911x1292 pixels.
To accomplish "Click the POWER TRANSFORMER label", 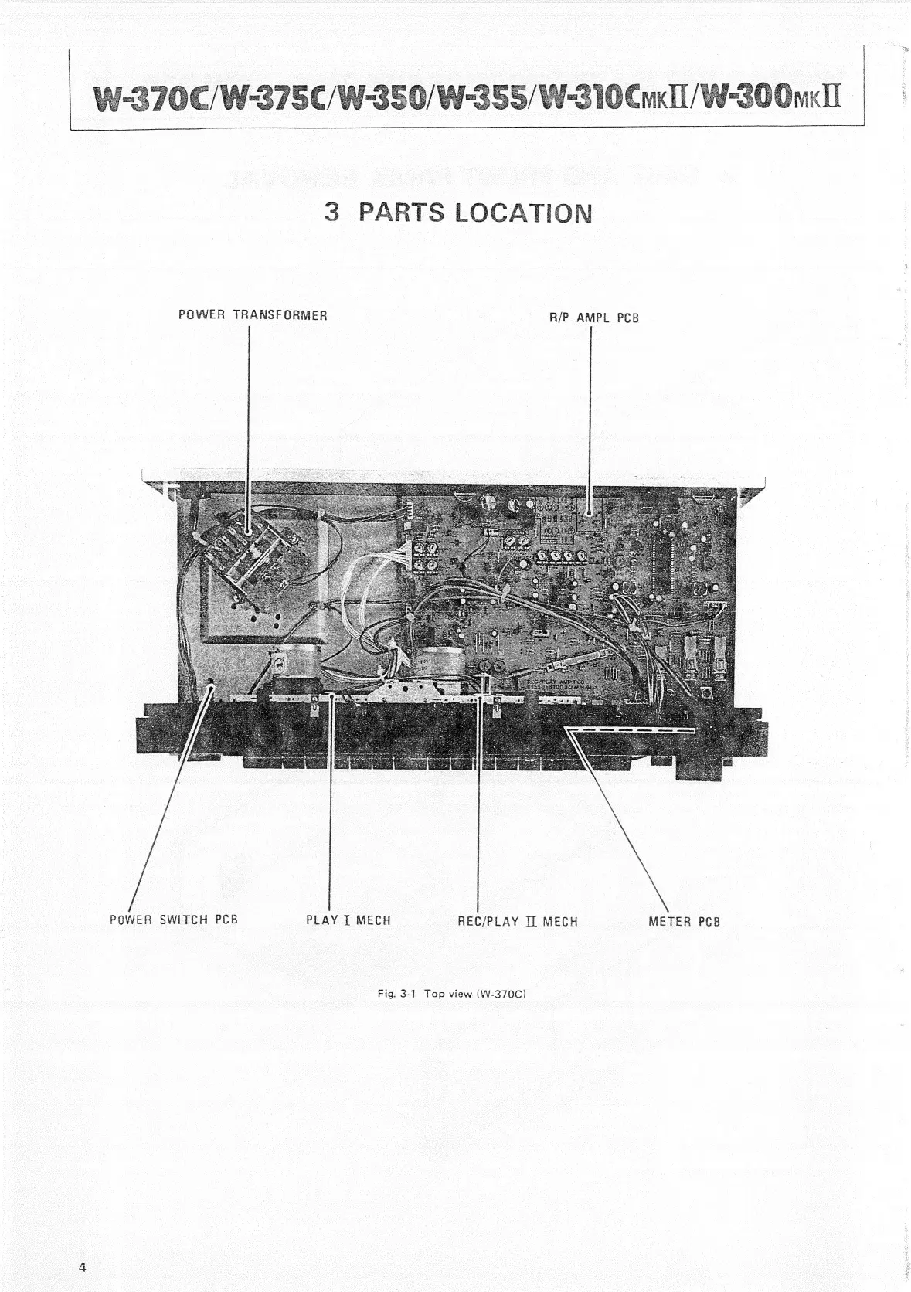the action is [253, 315].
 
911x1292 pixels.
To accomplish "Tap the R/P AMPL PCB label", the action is [593, 318].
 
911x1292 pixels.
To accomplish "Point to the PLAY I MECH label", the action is [348, 920].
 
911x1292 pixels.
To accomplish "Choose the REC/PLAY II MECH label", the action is [517, 921].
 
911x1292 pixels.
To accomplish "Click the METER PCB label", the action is [684, 921].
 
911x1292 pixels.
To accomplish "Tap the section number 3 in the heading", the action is [332, 212].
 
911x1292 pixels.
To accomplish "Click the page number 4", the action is [81, 1266].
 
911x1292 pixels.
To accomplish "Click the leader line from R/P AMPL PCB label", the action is [590, 417].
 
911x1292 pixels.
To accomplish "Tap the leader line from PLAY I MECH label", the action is [330, 804].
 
